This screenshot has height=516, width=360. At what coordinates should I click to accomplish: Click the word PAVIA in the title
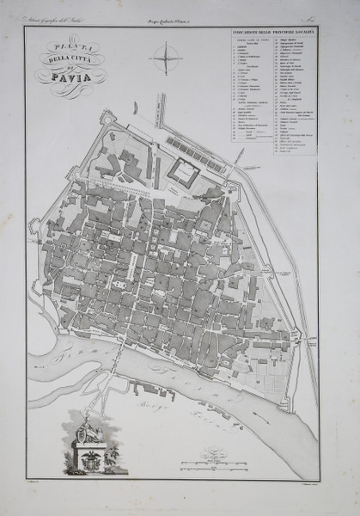point(70,83)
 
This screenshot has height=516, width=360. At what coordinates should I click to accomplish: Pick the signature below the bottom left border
point(36,485)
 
